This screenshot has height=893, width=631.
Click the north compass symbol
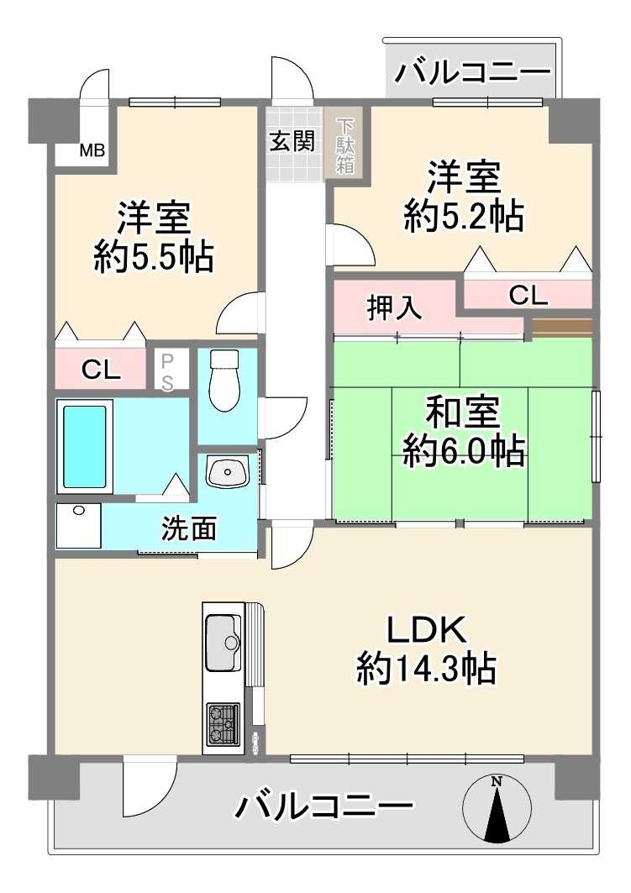click(x=497, y=808)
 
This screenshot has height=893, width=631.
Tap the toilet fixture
click(x=224, y=381)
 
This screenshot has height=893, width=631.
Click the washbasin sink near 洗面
click(x=228, y=472)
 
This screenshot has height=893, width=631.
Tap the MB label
click(x=92, y=151)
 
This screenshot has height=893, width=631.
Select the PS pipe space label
click(x=168, y=370)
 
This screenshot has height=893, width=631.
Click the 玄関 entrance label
click(x=292, y=141)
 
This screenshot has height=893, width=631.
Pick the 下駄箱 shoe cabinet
click(x=345, y=144)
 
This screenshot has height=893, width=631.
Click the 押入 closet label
click(x=393, y=307)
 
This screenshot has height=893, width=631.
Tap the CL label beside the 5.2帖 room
click(x=528, y=295)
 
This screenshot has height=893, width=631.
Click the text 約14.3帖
click(x=425, y=670)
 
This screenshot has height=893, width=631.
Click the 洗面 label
click(x=189, y=528)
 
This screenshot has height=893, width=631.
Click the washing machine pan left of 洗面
click(x=78, y=526)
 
